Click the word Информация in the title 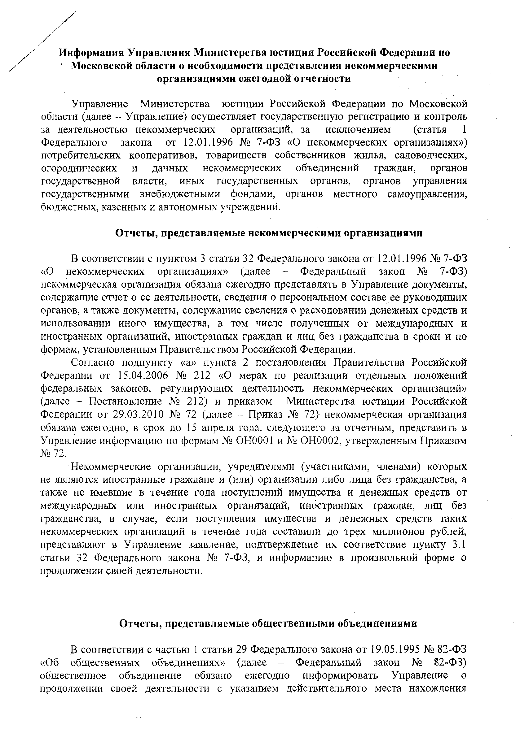coord(90,52)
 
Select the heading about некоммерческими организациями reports coord(269,233)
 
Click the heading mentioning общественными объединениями coord(268,623)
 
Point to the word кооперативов coord(161,155)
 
